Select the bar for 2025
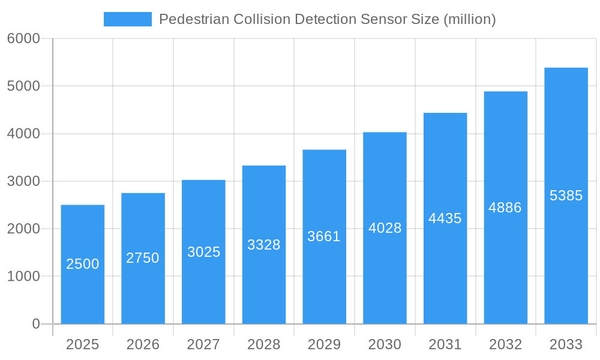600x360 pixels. pyautogui.click(x=83, y=264)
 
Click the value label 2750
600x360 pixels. pyautogui.click(x=143, y=258)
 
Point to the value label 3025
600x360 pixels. pyautogui.click(x=203, y=252)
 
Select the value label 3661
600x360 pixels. pyautogui.click(x=324, y=236)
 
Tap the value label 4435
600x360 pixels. pyautogui.click(x=445, y=218)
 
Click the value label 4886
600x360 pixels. pyautogui.click(x=505, y=208)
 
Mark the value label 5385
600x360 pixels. pyautogui.click(x=566, y=196)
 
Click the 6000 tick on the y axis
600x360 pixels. pyautogui.click(x=23, y=38)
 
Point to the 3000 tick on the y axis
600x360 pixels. pyautogui.click(x=23, y=181)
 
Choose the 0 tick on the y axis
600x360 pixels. pyautogui.click(x=35, y=324)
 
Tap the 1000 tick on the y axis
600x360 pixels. pyautogui.click(x=23, y=277)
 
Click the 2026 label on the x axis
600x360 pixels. pyautogui.click(x=143, y=344)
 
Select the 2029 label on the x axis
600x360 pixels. pyautogui.click(x=324, y=344)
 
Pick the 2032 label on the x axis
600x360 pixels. pyautogui.click(x=505, y=344)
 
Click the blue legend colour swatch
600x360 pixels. pyautogui.click(x=128, y=19)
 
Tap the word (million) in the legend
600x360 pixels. pyautogui.click(x=469, y=19)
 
